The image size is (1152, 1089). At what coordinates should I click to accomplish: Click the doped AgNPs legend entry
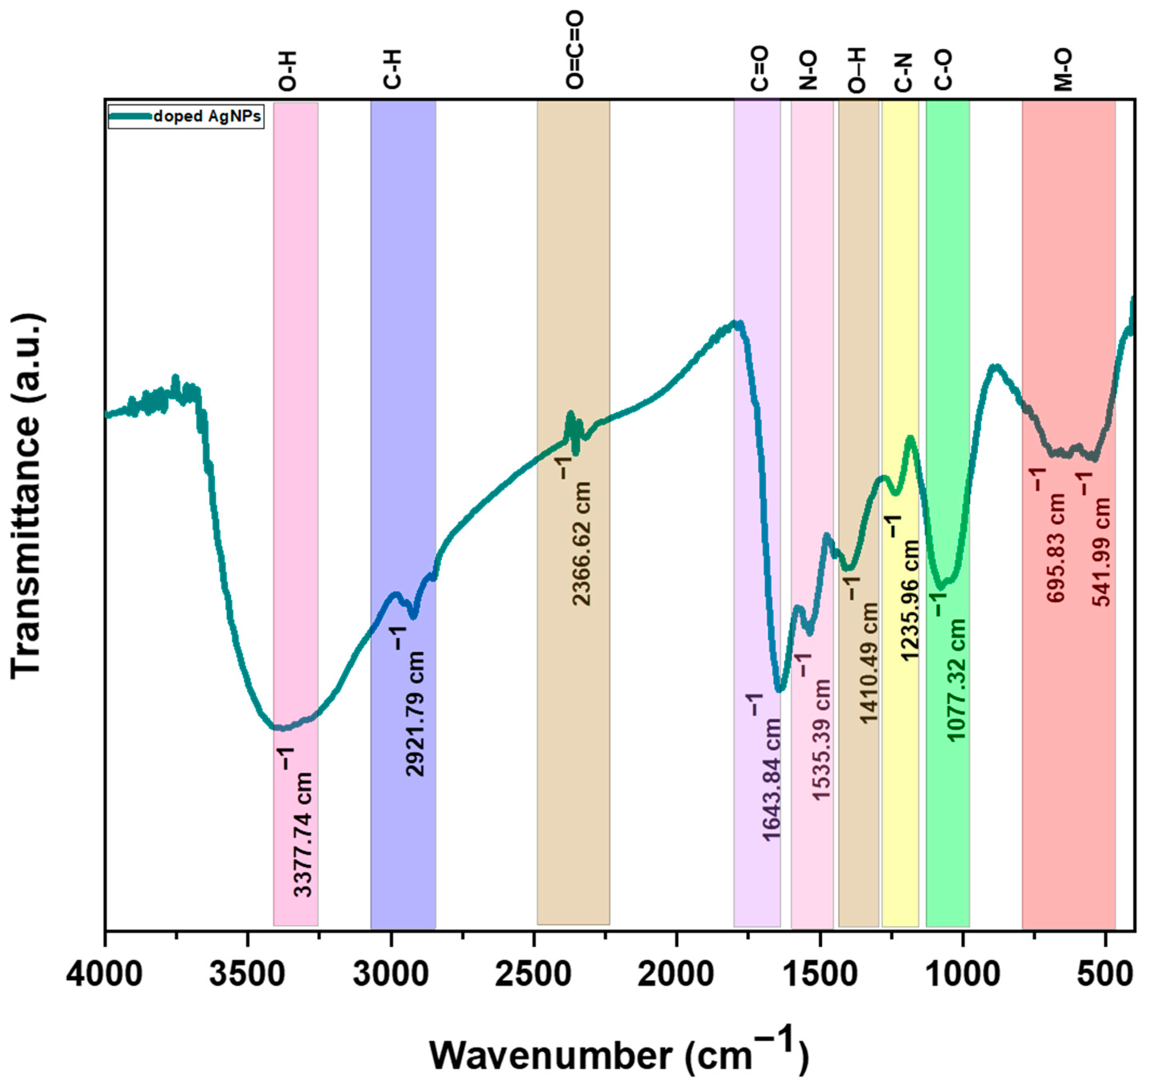(186, 116)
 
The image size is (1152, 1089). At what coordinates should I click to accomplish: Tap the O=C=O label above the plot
(574, 51)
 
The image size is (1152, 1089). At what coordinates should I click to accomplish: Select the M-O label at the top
(1064, 70)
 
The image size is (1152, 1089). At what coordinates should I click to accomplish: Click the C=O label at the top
(759, 70)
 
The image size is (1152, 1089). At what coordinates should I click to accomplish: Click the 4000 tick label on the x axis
(104, 974)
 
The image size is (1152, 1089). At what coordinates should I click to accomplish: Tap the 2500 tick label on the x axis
(533, 974)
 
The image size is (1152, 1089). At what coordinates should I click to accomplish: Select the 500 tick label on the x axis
(1104, 974)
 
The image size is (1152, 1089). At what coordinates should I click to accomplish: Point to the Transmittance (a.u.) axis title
(26, 496)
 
